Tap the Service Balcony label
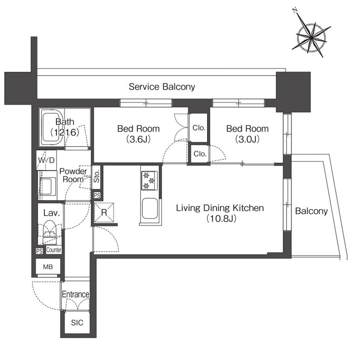tap(162, 87)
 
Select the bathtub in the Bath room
tap(52, 127)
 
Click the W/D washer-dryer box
tap(47, 160)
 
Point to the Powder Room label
tap(73, 175)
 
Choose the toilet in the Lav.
tap(50, 232)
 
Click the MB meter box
tap(48, 266)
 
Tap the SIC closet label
tap(77, 322)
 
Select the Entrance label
tap(76, 294)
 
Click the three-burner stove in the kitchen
tap(149, 181)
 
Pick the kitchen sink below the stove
tap(150, 209)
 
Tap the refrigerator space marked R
tap(104, 213)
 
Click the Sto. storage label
tap(97, 176)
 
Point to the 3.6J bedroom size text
tap(138, 139)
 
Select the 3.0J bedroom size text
tap(248, 139)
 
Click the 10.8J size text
tap(221, 218)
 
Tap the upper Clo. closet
tap(199, 128)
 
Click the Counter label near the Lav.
tap(54, 250)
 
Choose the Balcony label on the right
tap(311, 211)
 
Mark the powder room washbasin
tap(48, 186)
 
